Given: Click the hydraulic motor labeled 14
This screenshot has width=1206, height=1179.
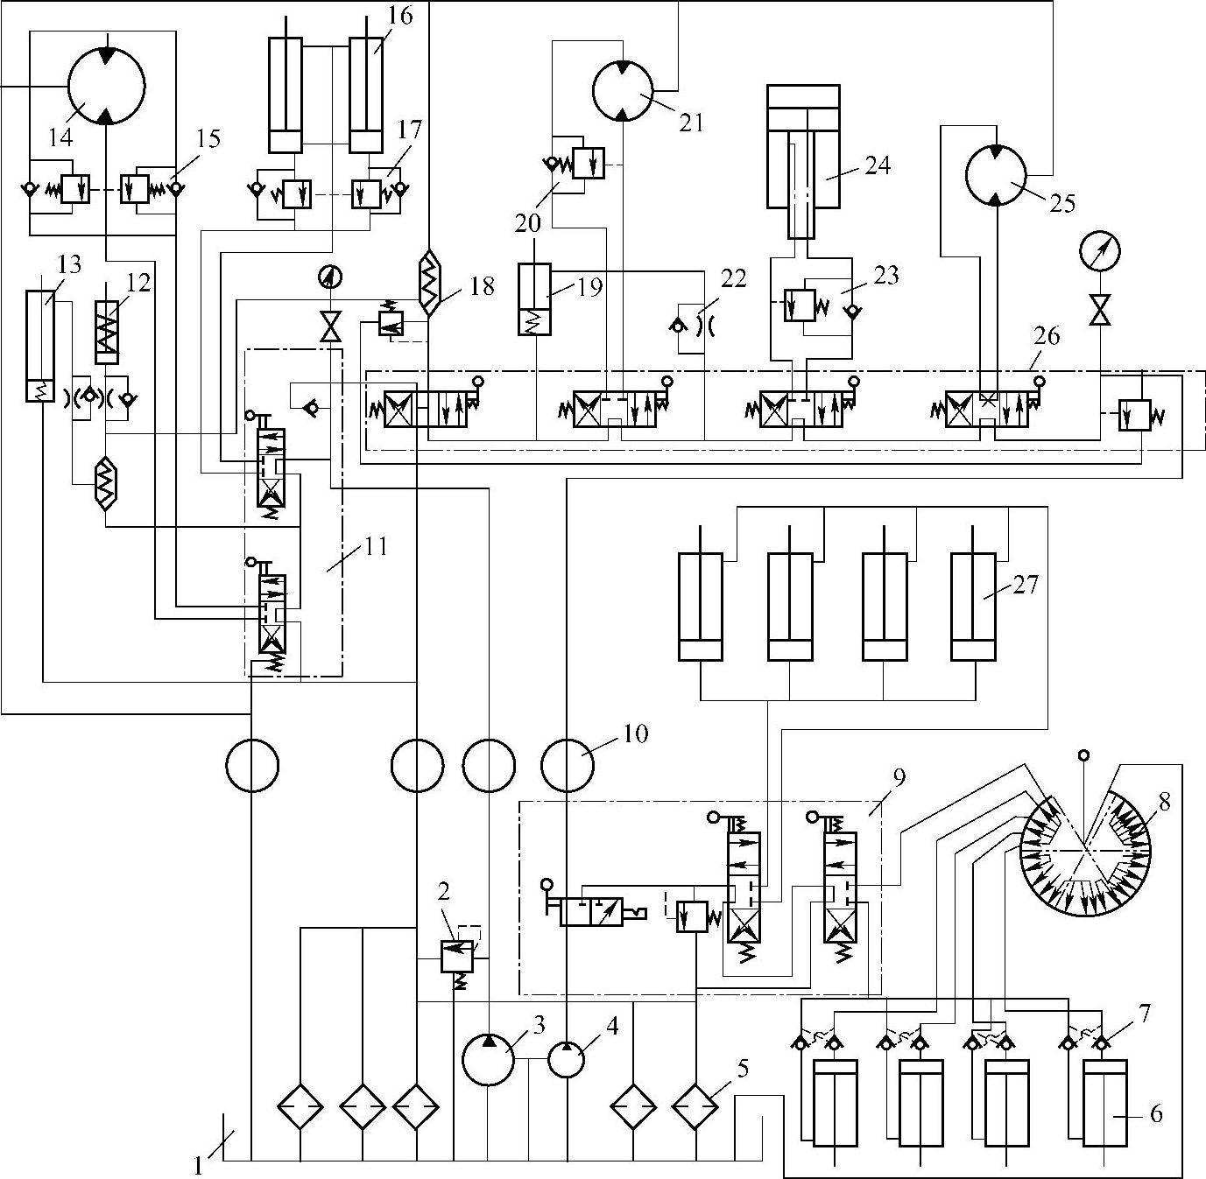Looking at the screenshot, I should pos(105,86).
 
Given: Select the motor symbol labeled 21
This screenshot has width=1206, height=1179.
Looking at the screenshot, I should pos(623,89).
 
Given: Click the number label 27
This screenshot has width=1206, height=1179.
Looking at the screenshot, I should pos(1025,584).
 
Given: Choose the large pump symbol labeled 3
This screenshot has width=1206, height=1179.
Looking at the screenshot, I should pos(488,1059).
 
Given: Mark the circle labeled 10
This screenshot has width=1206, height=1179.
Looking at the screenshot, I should pos(567,766).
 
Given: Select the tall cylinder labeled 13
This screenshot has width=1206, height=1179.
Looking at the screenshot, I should pos(39,346).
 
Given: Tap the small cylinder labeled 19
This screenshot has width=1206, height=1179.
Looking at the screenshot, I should pos(534,298).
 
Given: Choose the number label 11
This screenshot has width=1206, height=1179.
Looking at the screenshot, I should pos(377,547).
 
